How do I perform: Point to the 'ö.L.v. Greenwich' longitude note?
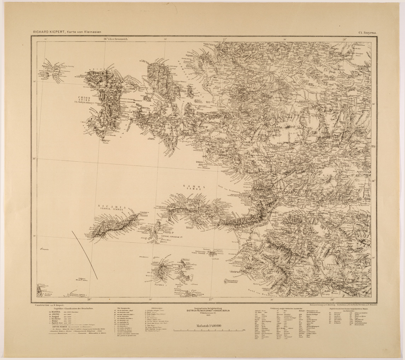pos(115,40)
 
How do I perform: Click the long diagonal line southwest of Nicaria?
pos(85,255)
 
